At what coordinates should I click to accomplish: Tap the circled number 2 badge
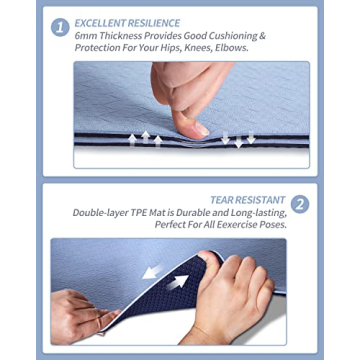tap(300, 204)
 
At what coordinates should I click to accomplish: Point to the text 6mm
tap(85, 35)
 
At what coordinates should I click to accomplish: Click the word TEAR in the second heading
tap(222, 199)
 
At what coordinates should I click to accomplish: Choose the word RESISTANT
tap(262, 199)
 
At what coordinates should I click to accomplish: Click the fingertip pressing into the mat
tap(198, 128)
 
